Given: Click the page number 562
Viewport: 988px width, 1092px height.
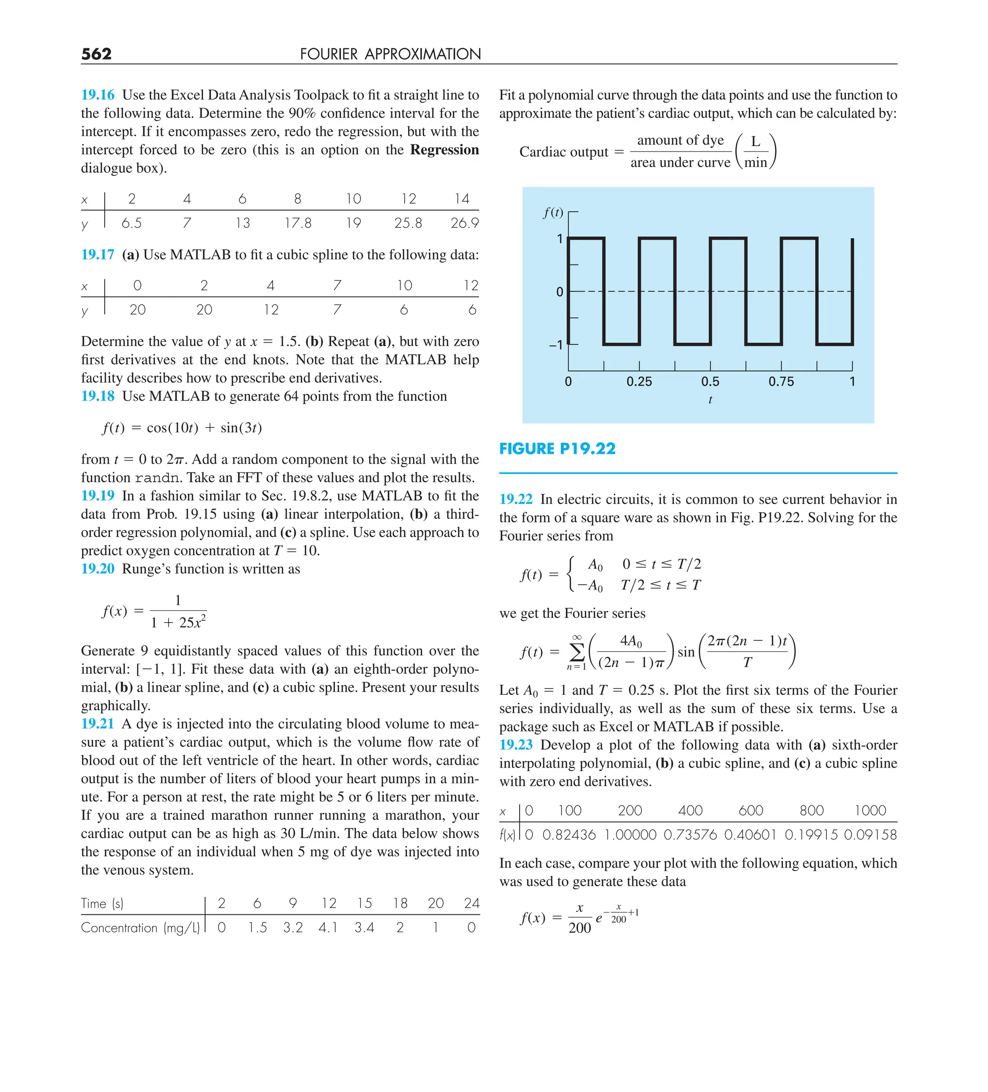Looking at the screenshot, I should click(96, 54).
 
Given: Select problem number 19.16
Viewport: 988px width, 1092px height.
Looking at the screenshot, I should click(98, 95).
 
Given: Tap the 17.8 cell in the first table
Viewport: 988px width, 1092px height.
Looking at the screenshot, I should click(298, 223).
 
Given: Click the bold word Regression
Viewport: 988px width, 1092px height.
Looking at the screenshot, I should click(444, 150).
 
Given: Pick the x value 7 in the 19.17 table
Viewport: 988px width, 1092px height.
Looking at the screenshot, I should click(337, 285).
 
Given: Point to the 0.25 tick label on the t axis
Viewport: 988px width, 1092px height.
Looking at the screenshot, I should click(639, 381).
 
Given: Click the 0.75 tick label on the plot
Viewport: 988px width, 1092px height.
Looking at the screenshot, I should click(781, 381).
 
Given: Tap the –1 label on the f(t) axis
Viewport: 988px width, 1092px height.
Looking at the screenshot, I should click(556, 345).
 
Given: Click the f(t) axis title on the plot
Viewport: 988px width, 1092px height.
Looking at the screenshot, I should click(553, 212).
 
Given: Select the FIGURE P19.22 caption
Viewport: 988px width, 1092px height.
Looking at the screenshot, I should click(557, 448).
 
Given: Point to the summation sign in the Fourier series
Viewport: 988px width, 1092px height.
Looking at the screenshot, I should click(577, 652).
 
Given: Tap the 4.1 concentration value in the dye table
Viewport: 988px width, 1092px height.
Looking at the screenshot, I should click(328, 927).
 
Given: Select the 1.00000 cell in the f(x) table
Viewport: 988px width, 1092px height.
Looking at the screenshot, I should click(630, 834).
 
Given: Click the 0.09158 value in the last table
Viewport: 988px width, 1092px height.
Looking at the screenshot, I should click(870, 834).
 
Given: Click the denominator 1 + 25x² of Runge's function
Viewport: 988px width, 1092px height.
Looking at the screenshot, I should click(178, 622).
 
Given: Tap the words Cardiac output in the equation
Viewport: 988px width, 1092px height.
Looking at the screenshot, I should click(563, 152).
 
